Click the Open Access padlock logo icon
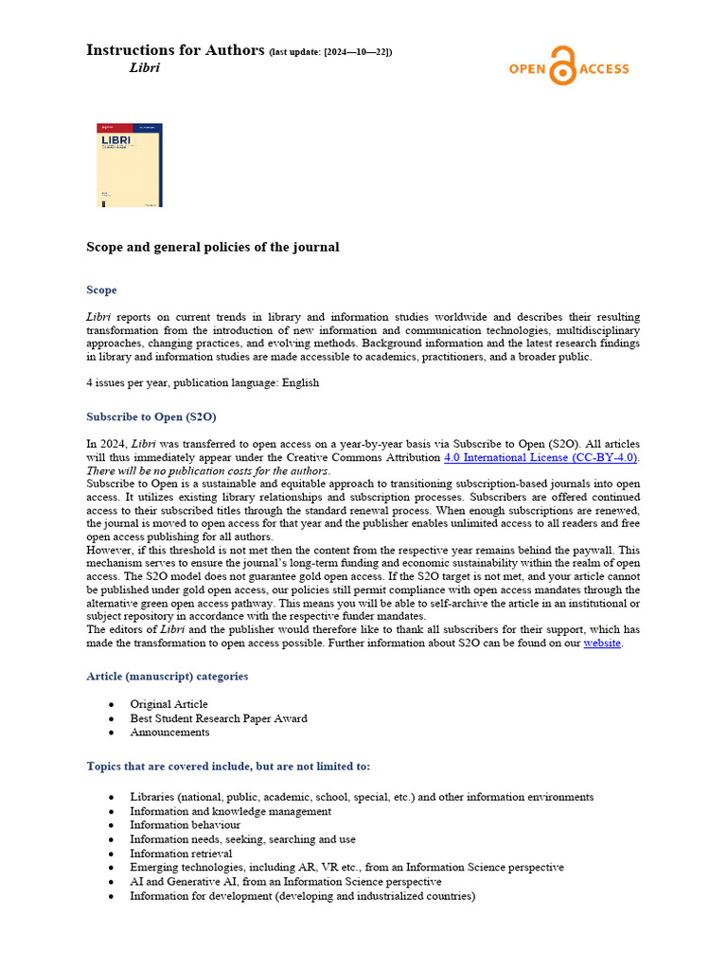click(x=562, y=66)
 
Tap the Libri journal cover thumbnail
click(x=130, y=165)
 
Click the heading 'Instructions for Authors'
click(x=175, y=50)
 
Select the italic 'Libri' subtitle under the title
click(x=144, y=68)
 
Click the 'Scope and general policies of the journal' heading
click(x=212, y=247)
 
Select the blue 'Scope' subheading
click(x=101, y=290)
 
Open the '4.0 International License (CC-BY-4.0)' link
click(x=541, y=457)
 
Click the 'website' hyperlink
click(x=602, y=643)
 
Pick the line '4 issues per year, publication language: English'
click(x=203, y=383)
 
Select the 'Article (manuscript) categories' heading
click(x=168, y=676)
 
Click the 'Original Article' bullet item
click(x=168, y=704)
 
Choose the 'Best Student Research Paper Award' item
click(x=218, y=718)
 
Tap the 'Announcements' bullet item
click(x=169, y=731)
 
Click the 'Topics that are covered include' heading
click(x=228, y=766)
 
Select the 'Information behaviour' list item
click(x=185, y=825)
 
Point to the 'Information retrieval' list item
click(x=181, y=853)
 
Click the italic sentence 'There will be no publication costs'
click(x=208, y=470)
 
